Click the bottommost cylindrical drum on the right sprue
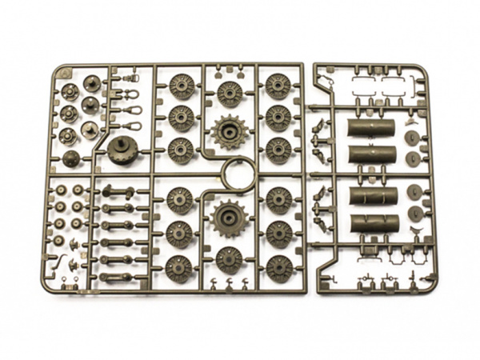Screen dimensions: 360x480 click(x=374, y=223)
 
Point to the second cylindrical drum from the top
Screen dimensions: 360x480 click(x=374, y=154)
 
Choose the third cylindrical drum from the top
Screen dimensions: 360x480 click(x=374, y=197)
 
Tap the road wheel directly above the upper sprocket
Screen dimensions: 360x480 click(x=230, y=93)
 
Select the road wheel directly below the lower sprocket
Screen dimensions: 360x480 click(x=230, y=259)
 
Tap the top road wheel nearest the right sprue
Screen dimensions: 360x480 click(x=278, y=85)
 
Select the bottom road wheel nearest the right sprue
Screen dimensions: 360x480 click(x=278, y=267)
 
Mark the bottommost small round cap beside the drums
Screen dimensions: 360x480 click(x=415, y=214)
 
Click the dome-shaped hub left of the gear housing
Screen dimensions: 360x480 click(x=71, y=158)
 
